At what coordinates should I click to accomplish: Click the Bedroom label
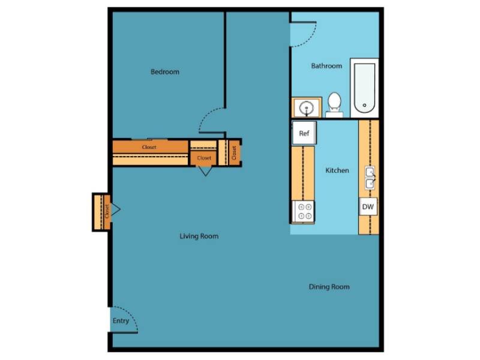164,72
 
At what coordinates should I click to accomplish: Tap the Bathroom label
326,66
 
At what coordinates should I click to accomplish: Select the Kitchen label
337,170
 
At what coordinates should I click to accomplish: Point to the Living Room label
199,236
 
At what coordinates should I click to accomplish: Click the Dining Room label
329,287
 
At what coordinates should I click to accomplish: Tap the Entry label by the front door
121,321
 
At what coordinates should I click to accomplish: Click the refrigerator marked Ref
304,133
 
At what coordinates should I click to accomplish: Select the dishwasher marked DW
368,208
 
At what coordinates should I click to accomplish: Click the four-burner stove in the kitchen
304,212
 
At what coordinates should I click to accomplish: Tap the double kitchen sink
370,178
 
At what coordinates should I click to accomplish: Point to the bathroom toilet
334,103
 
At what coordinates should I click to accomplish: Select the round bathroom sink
307,109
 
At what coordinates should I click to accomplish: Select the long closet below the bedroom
150,148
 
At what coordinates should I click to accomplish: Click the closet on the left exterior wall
103,211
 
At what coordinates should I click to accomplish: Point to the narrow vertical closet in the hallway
233,153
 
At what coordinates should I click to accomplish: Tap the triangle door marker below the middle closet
205,170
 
